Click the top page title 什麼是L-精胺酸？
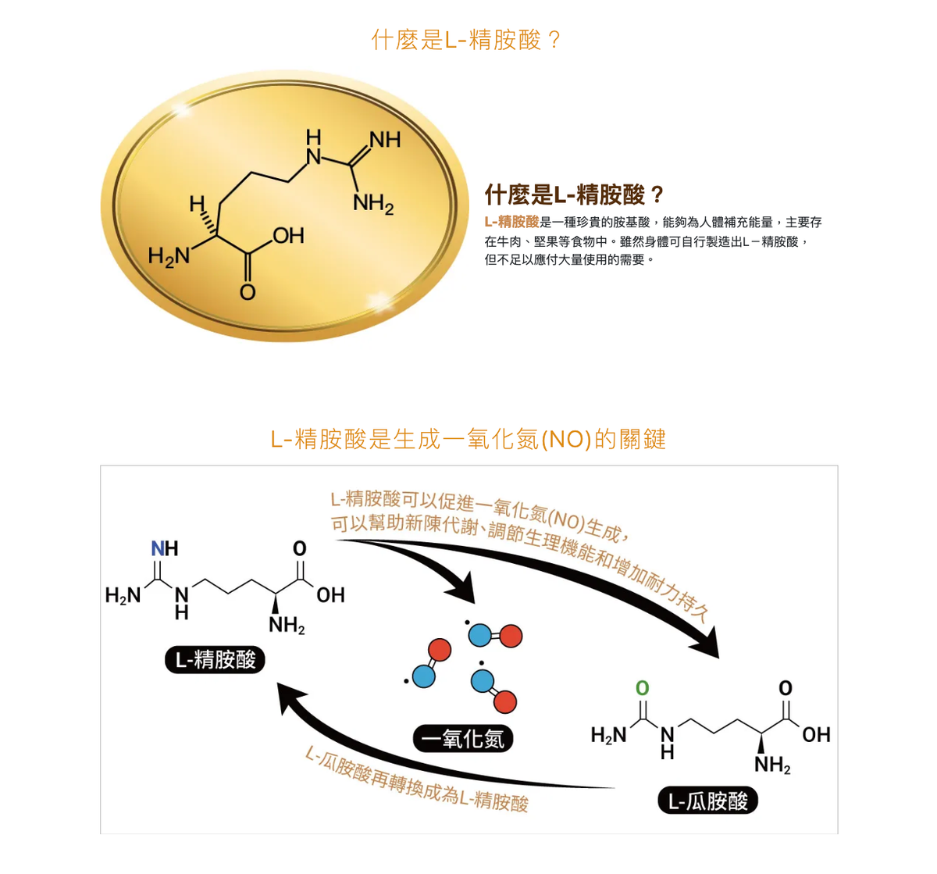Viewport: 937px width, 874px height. (467, 39)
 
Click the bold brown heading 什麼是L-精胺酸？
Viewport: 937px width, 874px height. (574, 194)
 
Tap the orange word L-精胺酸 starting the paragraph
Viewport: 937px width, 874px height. (511, 222)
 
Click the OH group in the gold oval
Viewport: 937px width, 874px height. (288, 235)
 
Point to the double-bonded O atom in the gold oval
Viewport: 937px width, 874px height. (248, 293)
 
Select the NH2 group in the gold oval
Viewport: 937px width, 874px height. (372, 204)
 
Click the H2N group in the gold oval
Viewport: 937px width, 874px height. (169, 255)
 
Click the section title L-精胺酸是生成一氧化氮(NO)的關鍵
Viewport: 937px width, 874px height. (468, 439)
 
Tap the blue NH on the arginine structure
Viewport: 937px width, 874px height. (165, 548)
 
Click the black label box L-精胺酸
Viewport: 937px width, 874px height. (216, 660)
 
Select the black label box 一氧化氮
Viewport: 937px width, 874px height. (463, 738)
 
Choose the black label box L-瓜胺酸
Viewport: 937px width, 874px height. (707, 801)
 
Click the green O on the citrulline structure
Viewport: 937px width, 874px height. (642, 687)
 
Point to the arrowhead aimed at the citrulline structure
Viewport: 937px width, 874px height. (706, 645)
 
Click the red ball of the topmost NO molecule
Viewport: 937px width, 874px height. (510, 637)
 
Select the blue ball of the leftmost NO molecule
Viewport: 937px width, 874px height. (423, 676)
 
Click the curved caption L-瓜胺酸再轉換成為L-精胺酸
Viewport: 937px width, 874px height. (416, 781)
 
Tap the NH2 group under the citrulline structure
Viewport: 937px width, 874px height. (771, 764)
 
